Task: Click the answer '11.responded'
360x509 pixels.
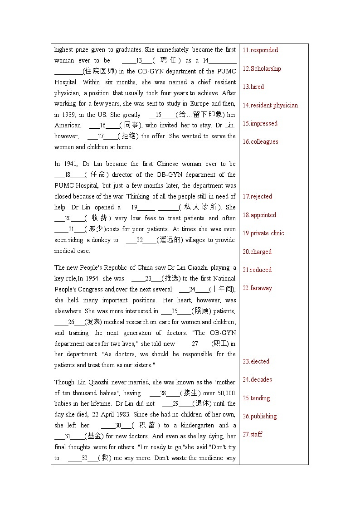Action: pyautogui.click(x=260, y=50)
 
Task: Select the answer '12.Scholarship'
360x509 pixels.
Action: pyautogui.click(x=262, y=68)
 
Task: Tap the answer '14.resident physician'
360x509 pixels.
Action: pyautogui.click(x=270, y=105)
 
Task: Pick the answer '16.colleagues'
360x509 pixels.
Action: pyautogui.click(x=260, y=141)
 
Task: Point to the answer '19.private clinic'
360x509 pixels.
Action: pyautogui.click(x=263, y=233)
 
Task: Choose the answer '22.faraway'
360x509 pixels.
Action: pyautogui.click(x=257, y=288)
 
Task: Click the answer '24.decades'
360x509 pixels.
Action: pyautogui.click(x=257, y=379)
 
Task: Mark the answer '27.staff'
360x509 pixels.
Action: pyautogui.click(x=253, y=434)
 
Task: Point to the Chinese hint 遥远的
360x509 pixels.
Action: pyautogui.click(x=170, y=240)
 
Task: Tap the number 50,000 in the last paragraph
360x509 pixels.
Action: pyautogui.click(x=226, y=393)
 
